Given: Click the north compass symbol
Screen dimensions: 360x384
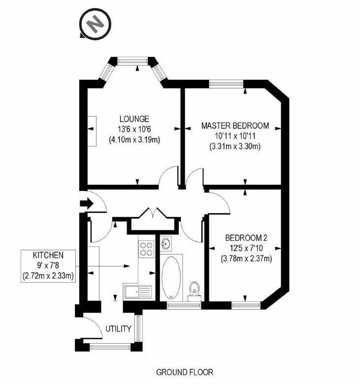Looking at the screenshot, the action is (96, 24).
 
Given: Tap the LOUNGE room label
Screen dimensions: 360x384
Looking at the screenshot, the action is (134, 119).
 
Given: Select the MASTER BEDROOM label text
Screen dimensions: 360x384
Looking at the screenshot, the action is (235, 126).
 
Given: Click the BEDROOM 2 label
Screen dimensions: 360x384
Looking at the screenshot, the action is (246, 238).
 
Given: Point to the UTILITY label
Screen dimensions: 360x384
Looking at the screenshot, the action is (118, 329).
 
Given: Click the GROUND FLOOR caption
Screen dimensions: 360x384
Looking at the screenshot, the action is (185, 373).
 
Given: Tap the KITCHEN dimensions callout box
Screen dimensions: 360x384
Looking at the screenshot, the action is (48, 266).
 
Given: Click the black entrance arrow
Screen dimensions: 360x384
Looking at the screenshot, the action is (87, 203).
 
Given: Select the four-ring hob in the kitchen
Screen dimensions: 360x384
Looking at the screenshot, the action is (146, 249).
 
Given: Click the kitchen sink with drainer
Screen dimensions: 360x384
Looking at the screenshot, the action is (138, 291).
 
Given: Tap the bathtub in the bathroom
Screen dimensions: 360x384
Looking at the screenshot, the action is (171, 278).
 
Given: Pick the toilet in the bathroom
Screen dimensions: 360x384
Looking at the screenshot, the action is (195, 291).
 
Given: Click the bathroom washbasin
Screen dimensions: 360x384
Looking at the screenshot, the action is (166, 244).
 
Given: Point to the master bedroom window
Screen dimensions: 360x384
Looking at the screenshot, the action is (226, 84).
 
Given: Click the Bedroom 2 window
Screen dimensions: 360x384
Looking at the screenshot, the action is (246, 305).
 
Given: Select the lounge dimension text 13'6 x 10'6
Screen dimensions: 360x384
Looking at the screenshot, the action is (134, 129).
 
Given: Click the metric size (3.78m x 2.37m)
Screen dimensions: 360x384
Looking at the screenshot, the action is (246, 258).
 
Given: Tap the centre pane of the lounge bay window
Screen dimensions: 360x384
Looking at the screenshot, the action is (132, 61).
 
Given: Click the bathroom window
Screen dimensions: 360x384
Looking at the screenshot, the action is (184, 305).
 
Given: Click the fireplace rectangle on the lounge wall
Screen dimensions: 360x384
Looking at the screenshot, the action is (92, 131).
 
